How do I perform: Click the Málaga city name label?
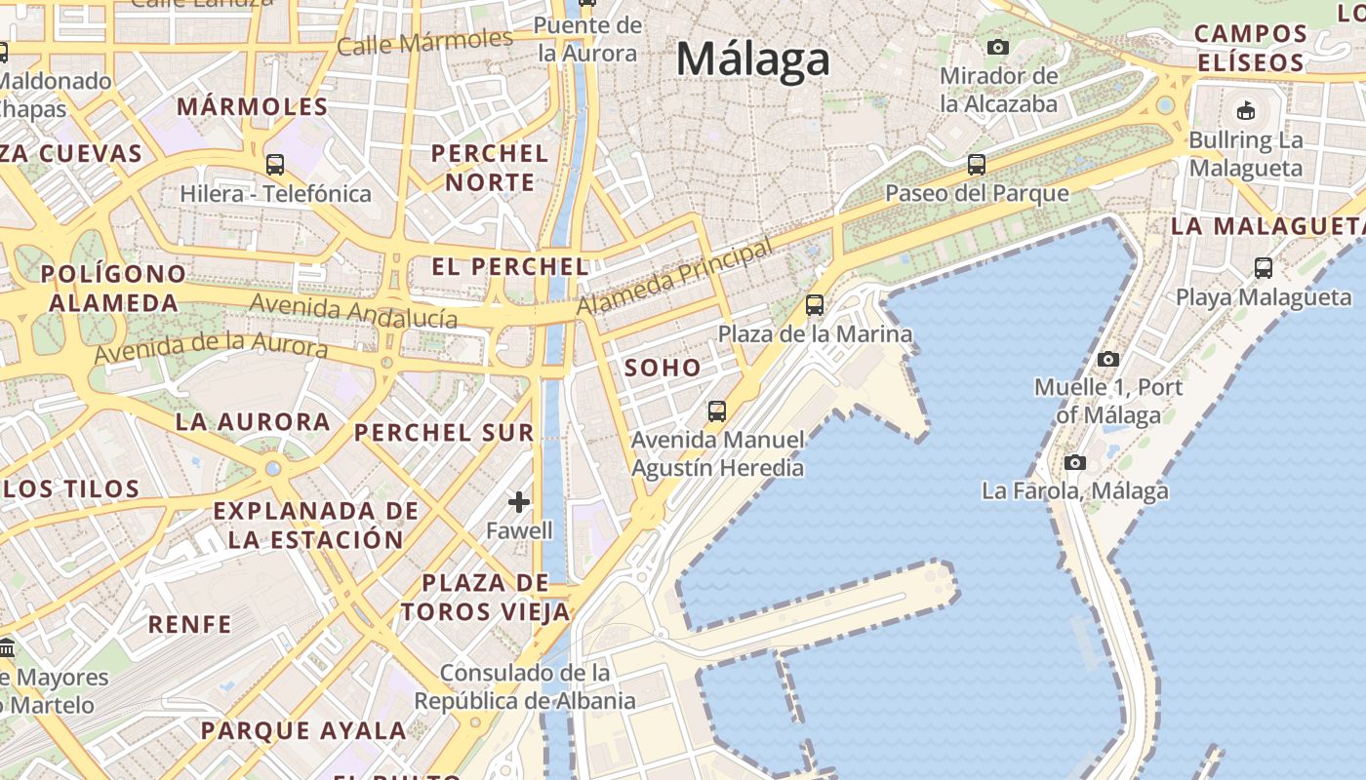click(x=753, y=59)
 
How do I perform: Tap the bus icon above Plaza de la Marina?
click(x=815, y=305)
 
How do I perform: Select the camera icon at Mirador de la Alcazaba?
click(x=997, y=47)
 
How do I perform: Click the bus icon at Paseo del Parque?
click(x=977, y=165)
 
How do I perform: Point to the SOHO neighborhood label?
click(x=663, y=368)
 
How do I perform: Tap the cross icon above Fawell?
click(x=519, y=502)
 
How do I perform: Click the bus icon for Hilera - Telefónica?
click(x=275, y=165)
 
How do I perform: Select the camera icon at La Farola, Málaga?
click(x=1075, y=462)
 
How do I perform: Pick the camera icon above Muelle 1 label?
click(x=1107, y=359)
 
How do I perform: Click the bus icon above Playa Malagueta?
click(x=1264, y=267)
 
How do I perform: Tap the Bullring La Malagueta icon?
click(x=1246, y=110)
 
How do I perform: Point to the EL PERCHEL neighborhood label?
click(x=510, y=266)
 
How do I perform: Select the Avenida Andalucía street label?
click(x=353, y=310)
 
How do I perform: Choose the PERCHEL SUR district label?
click(x=444, y=433)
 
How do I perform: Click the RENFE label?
click(x=190, y=624)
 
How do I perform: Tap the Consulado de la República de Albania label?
click(x=525, y=686)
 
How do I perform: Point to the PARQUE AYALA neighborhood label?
click(x=303, y=730)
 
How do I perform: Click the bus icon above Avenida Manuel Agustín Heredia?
click(x=717, y=411)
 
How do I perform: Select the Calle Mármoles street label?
click(x=424, y=42)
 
